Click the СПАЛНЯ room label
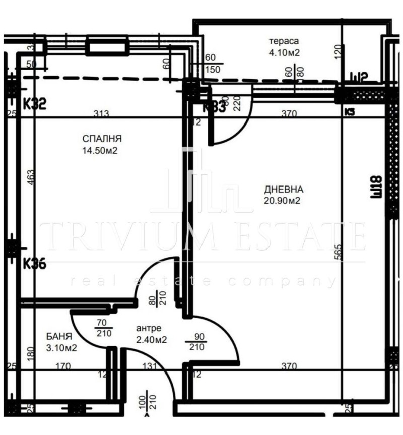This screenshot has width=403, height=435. (x=103, y=138)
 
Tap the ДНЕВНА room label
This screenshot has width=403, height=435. (x=284, y=190)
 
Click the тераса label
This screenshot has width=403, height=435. (x=284, y=41)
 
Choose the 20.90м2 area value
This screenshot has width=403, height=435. (x=283, y=201)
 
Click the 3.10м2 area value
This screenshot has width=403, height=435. (x=60, y=347)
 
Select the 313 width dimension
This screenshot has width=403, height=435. (x=102, y=114)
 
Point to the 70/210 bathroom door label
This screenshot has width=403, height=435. (x=102, y=328)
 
